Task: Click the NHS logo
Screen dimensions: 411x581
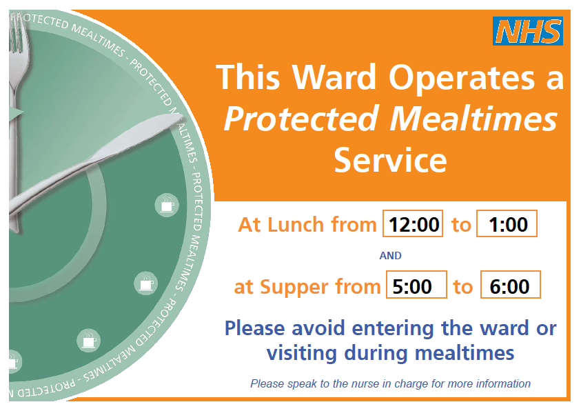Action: (529, 32)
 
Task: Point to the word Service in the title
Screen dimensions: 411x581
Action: (390, 160)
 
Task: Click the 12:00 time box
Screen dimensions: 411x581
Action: (413, 224)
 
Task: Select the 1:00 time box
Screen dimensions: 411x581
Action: (507, 224)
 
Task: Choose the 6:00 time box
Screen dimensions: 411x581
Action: (510, 285)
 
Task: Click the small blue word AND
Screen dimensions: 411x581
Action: (390, 255)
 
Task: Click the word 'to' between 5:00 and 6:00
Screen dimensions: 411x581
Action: (463, 286)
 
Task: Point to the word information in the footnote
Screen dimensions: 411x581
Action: (504, 383)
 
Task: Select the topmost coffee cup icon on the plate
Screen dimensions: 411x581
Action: (165, 205)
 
